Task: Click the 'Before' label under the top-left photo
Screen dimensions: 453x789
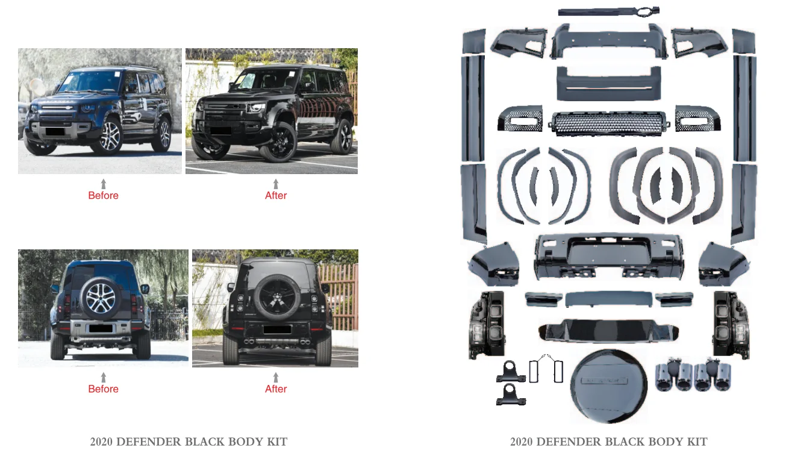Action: (x=103, y=195)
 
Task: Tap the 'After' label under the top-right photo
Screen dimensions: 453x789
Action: (x=276, y=195)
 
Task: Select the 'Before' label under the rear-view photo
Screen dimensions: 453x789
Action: (x=103, y=389)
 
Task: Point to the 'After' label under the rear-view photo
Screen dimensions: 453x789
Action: (x=276, y=389)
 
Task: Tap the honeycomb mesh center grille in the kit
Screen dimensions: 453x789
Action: (x=608, y=123)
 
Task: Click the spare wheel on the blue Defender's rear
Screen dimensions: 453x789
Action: (x=101, y=298)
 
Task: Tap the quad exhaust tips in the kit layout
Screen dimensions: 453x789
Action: (x=693, y=376)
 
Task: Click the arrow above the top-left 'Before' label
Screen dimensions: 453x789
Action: (x=103, y=183)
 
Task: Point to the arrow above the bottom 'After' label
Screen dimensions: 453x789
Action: (x=276, y=376)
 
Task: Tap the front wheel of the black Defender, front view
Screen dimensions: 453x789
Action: (x=278, y=142)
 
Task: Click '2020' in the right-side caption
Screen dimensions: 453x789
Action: (x=522, y=442)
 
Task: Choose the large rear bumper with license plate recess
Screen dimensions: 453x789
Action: (x=608, y=256)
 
